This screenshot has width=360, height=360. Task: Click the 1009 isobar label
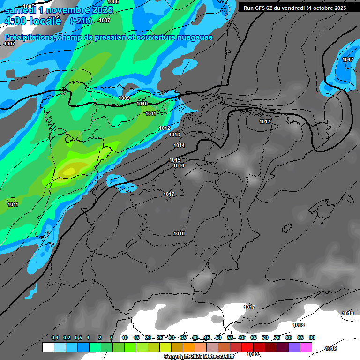(124, 98)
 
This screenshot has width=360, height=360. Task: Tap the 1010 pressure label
(142, 104)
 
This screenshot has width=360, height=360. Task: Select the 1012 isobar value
(165, 128)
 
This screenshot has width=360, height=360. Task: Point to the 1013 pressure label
(174, 135)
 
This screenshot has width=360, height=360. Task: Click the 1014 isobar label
(179, 145)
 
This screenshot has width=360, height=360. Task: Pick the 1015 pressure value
(175, 160)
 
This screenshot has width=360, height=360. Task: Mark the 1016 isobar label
(178, 166)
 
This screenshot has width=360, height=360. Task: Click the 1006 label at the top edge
(113, 2)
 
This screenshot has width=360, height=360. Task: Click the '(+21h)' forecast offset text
(81, 21)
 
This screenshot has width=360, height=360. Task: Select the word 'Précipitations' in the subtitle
(29, 37)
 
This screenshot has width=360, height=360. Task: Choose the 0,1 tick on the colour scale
(55, 338)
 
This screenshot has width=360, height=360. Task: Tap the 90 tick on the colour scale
(312, 338)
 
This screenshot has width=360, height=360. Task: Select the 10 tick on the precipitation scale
(125, 338)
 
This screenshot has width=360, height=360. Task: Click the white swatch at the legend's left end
(48, 347)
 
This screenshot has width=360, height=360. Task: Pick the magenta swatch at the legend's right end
(306, 347)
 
